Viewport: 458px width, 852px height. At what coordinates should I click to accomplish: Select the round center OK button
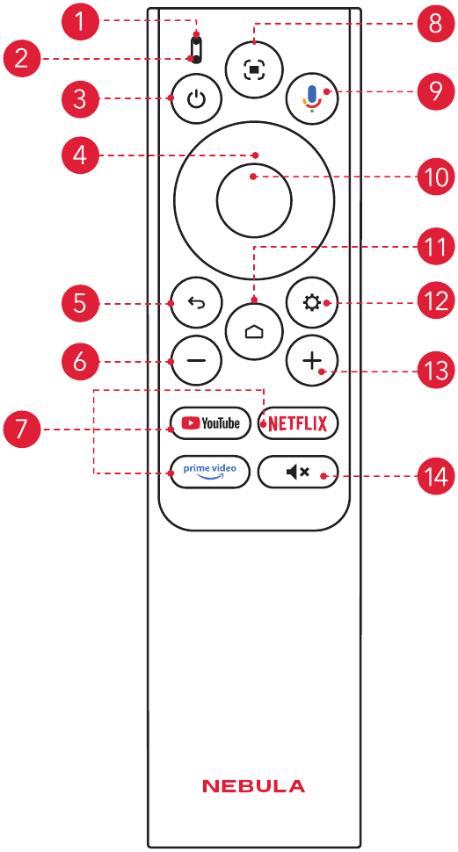(253, 199)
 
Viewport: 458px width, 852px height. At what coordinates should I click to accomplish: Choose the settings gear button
(312, 303)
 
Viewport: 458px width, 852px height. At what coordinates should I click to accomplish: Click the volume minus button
(196, 361)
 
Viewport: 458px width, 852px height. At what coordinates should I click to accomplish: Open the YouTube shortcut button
(210, 422)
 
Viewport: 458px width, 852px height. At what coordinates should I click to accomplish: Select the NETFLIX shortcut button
(297, 422)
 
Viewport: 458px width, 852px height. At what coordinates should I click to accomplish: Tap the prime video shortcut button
(210, 471)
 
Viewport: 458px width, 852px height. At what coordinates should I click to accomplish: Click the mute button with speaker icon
(297, 471)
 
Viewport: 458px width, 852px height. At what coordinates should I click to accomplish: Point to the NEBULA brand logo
(253, 786)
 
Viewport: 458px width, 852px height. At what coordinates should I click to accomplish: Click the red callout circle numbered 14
(435, 477)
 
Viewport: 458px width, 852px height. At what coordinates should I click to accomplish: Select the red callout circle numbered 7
(21, 430)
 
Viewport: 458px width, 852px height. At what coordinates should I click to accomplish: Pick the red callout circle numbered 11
(435, 248)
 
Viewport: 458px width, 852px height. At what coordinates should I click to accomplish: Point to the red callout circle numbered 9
(435, 91)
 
